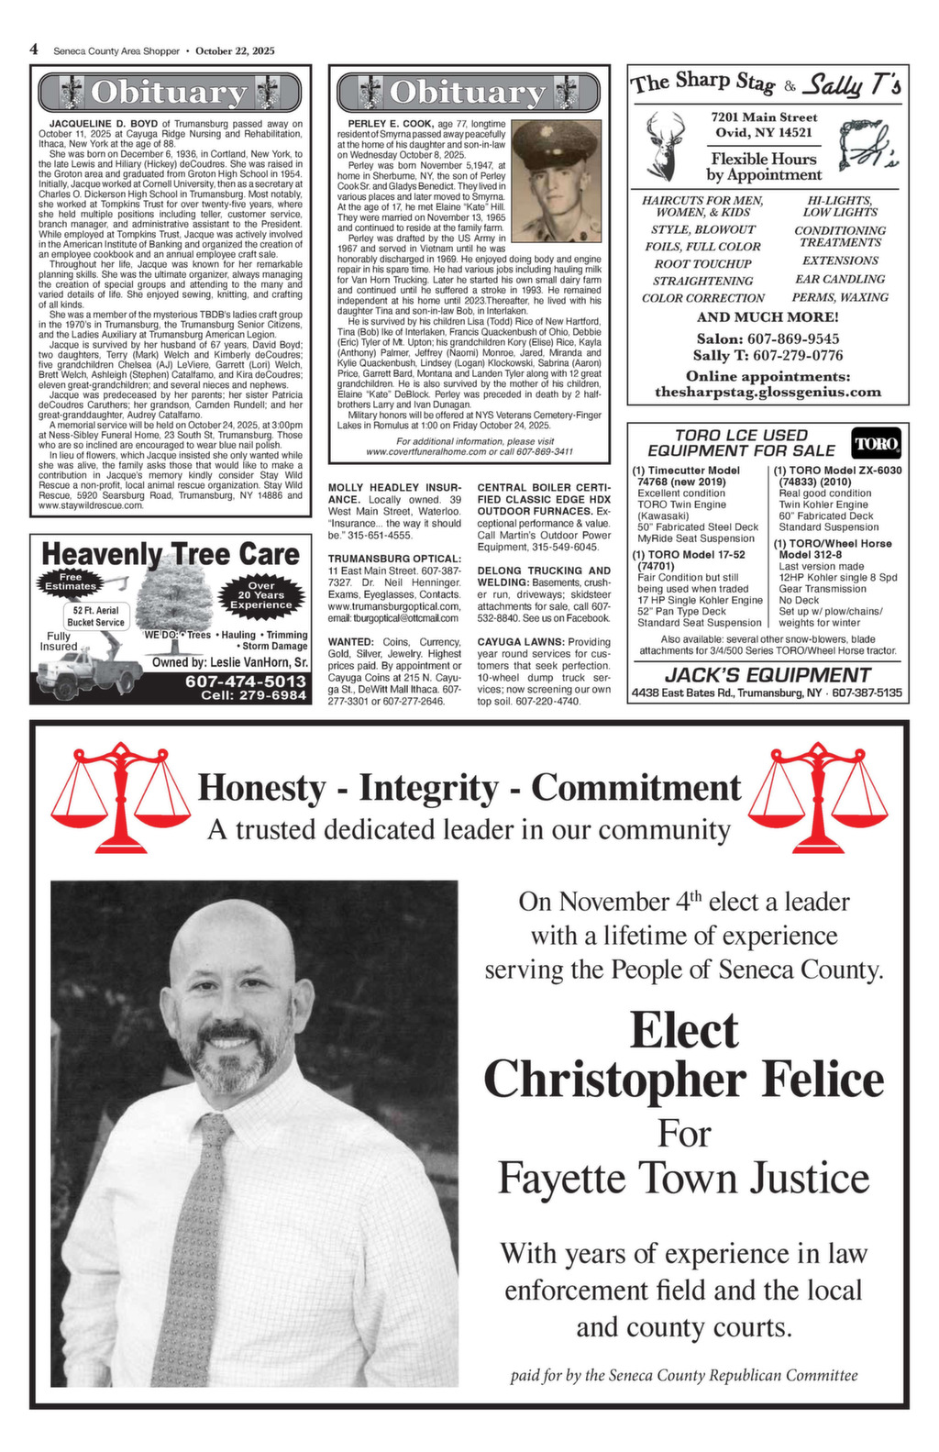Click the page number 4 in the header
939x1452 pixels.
34,50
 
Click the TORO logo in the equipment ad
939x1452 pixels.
877,444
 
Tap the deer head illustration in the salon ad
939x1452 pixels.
665,145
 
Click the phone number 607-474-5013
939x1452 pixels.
246,681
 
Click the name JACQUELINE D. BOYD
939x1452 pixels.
104,122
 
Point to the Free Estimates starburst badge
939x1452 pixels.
71,582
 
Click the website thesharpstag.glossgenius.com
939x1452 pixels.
768,392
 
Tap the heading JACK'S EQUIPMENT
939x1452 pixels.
767,674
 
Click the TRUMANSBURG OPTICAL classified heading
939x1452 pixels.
393,558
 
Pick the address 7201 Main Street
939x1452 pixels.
764,116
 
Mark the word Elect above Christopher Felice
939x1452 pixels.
683,1030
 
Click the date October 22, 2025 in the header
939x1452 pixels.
235,51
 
